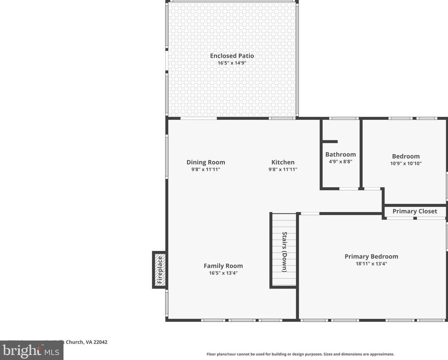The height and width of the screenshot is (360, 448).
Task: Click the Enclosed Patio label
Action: pyautogui.click(x=232, y=55)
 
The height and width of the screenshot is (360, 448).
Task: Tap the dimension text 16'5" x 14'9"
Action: pyautogui.click(x=232, y=63)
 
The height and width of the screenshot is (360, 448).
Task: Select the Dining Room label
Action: pyautogui.click(x=206, y=162)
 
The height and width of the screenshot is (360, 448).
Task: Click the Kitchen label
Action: pyautogui.click(x=283, y=162)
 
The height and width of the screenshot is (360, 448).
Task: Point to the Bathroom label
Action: pyautogui.click(x=340, y=154)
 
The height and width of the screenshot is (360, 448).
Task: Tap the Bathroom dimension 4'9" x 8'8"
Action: pyautogui.click(x=340, y=161)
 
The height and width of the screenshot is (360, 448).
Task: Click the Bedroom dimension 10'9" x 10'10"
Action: pyautogui.click(x=406, y=163)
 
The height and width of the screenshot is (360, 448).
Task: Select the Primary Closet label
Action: pyautogui.click(x=414, y=211)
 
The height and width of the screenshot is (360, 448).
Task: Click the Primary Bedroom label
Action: pyautogui.click(x=371, y=256)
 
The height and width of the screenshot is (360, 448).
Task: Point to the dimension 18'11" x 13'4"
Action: pyautogui.click(x=371, y=264)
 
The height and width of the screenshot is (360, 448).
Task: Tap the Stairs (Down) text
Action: pyautogui.click(x=285, y=252)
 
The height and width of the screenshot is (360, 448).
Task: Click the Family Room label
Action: pyautogui.click(x=223, y=265)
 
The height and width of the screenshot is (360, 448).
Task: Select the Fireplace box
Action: pyautogui.click(x=159, y=270)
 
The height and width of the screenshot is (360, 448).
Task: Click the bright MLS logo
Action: pyautogui.click(x=31, y=350)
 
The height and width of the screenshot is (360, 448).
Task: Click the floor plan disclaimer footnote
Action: pyautogui.click(x=300, y=354)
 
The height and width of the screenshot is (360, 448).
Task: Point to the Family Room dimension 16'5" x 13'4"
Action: pyautogui.click(x=223, y=273)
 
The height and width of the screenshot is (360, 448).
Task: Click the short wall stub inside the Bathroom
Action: pyautogui.click(x=330, y=142)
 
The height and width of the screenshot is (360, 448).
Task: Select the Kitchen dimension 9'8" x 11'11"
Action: pyautogui.click(x=283, y=170)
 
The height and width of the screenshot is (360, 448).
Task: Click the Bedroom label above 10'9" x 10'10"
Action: pyautogui.click(x=406, y=156)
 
